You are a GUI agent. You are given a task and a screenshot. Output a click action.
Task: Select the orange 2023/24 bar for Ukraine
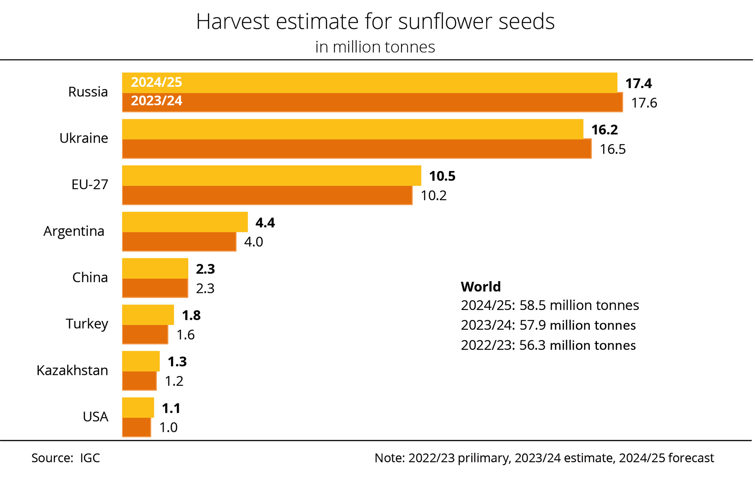(356, 149)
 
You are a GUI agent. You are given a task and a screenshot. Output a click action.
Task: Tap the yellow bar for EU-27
(271, 175)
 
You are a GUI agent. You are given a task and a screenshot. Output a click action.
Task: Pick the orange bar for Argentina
(179, 241)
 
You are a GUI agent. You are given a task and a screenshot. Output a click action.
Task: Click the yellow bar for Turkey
(147, 315)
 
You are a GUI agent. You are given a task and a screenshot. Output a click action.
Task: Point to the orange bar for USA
(136, 427)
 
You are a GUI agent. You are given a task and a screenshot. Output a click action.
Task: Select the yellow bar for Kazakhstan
(140, 361)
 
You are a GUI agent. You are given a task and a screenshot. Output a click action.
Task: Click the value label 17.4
(639, 84)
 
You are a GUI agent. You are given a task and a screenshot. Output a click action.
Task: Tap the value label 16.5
(612, 149)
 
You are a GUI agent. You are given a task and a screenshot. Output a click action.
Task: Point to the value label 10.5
(442, 176)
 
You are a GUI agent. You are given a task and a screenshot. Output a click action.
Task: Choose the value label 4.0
(253, 242)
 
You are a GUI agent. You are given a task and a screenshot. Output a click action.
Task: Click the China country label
(90, 278)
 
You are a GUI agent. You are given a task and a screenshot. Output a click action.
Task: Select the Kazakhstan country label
(72, 370)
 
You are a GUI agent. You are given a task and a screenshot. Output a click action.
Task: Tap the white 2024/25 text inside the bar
(156, 82)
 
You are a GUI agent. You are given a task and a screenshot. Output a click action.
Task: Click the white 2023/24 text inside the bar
(156, 101)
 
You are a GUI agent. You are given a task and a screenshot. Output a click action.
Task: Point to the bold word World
(481, 287)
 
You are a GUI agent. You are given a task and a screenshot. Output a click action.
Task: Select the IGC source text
(90, 458)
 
